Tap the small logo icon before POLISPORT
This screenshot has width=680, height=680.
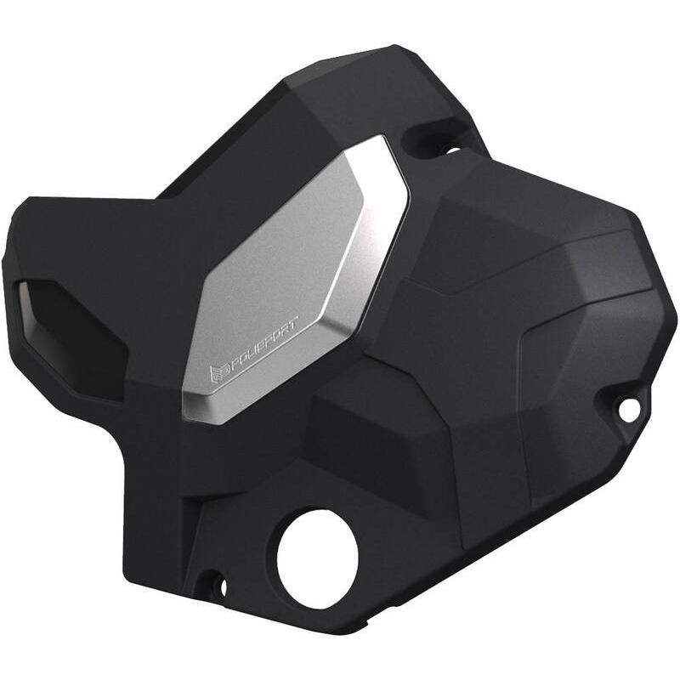[x=216, y=371]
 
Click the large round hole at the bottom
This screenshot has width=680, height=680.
[x=318, y=557]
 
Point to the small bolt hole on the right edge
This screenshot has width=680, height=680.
[x=629, y=410]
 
